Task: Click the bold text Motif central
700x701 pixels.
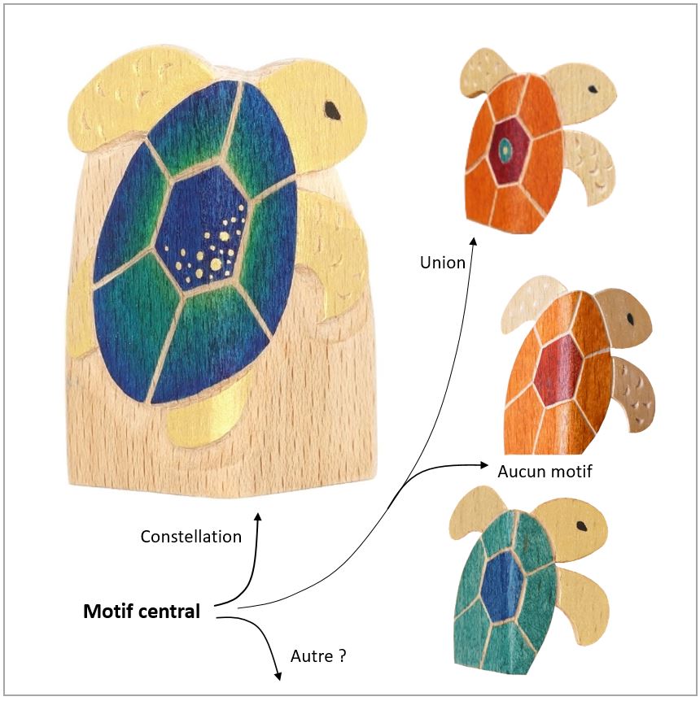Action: pyautogui.click(x=141, y=612)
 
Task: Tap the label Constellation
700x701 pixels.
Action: pyautogui.click(x=190, y=537)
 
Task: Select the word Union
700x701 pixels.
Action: pyautogui.click(x=443, y=263)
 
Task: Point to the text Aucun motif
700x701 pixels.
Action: pyautogui.click(x=544, y=471)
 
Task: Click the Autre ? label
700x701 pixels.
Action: pyautogui.click(x=318, y=655)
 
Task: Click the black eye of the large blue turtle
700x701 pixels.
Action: pyautogui.click(x=333, y=107)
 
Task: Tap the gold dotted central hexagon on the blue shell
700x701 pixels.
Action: pyautogui.click(x=208, y=230)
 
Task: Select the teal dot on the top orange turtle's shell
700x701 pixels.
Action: pyautogui.click(x=508, y=147)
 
